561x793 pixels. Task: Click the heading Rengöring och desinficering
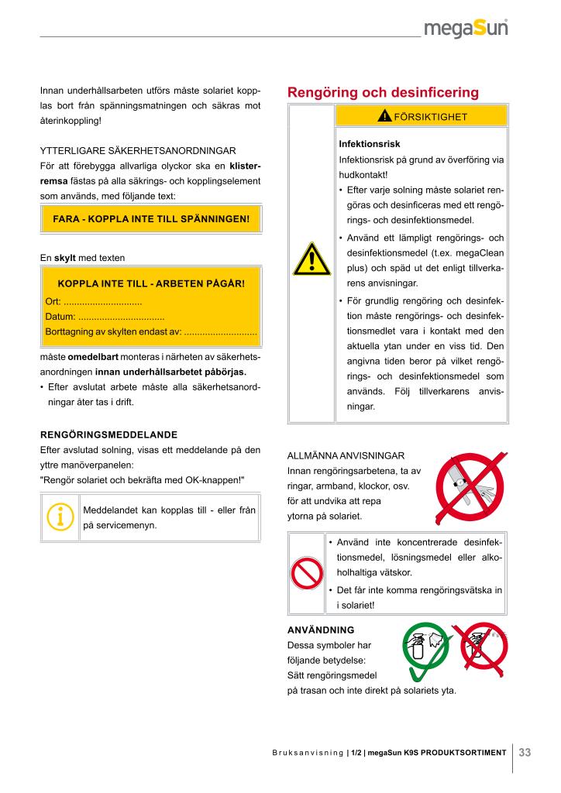tap(383, 93)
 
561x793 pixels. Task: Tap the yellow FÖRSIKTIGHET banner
tap(422, 116)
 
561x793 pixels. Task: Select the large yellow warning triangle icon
tap(311, 260)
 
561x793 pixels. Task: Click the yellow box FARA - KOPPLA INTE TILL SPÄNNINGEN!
tap(151, 218)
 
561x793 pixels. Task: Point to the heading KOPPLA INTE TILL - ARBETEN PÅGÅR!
tap(151, 283)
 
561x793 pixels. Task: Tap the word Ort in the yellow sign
tap(53, 301)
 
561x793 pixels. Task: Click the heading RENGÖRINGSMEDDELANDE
tap(108, 434)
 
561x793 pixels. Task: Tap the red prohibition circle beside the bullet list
tap(306, 574)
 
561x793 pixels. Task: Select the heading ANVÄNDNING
tap(321, 630)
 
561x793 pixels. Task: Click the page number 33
tap(525, 752)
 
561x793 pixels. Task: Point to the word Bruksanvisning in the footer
tap(307, 753)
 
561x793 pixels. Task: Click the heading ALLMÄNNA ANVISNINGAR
tap(346, 455)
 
